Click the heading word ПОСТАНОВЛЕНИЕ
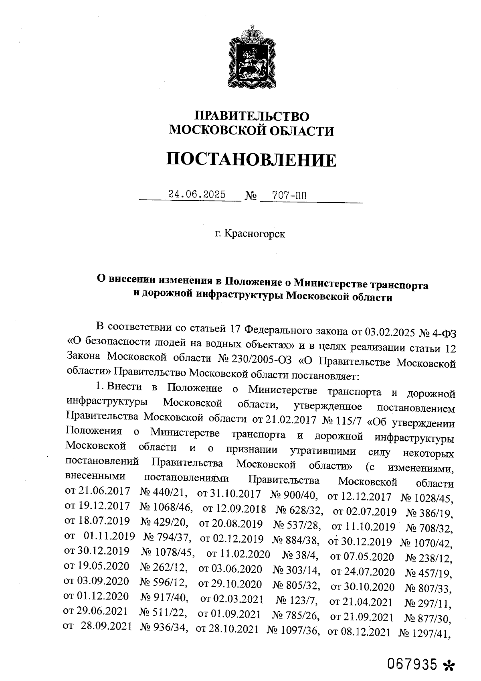(251, 160)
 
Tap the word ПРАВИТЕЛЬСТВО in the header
(252, 116)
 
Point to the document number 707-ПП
(289, 195)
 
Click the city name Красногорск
(255, 234)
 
